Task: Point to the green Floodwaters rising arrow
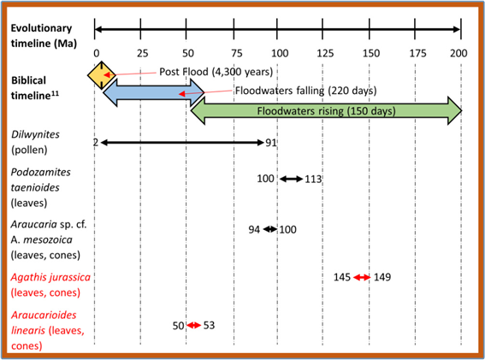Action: click(325, 111)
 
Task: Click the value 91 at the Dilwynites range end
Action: click(271, 142)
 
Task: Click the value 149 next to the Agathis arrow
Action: click(382, 277)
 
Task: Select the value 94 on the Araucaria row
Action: click(253, 229)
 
